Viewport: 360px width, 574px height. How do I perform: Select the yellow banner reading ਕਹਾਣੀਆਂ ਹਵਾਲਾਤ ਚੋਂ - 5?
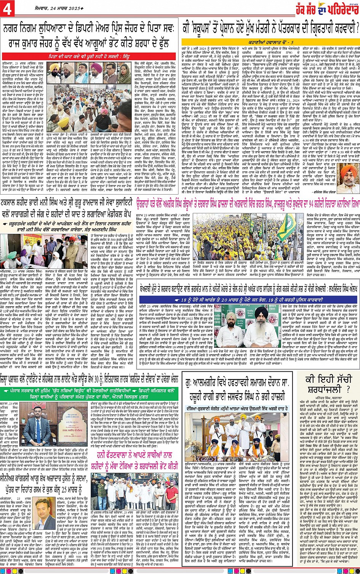tap(271, 42)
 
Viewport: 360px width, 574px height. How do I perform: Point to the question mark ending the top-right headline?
tap(356, 27)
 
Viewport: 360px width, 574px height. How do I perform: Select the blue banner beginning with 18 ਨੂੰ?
tap(247, 300)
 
